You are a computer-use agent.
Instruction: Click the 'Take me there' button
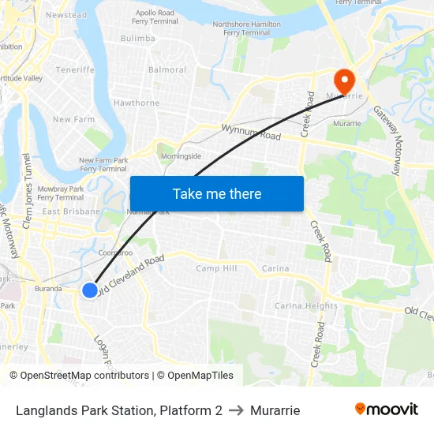(216, 193)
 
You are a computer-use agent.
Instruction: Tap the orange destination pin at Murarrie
(345, 80)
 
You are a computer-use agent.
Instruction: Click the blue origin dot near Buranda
(90, 290)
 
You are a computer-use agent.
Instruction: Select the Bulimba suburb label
(138, 38)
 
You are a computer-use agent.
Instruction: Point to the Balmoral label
(167, 69)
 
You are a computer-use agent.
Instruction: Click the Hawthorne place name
(137, 103)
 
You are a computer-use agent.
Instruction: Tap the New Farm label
(73, 120)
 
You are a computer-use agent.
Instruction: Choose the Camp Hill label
(216, 268)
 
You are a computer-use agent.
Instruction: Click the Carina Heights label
(306, 305)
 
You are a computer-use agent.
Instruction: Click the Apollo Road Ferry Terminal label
(156, 17)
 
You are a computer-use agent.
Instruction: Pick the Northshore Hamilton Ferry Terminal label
(246, 28)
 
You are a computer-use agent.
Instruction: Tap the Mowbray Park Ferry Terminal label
(61, 193)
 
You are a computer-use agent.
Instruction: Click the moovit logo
(386, 410)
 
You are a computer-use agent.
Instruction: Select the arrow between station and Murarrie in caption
(236, 410)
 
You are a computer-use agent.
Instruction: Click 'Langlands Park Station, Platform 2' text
(118, 410)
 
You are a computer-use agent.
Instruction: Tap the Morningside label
(181, 156)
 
